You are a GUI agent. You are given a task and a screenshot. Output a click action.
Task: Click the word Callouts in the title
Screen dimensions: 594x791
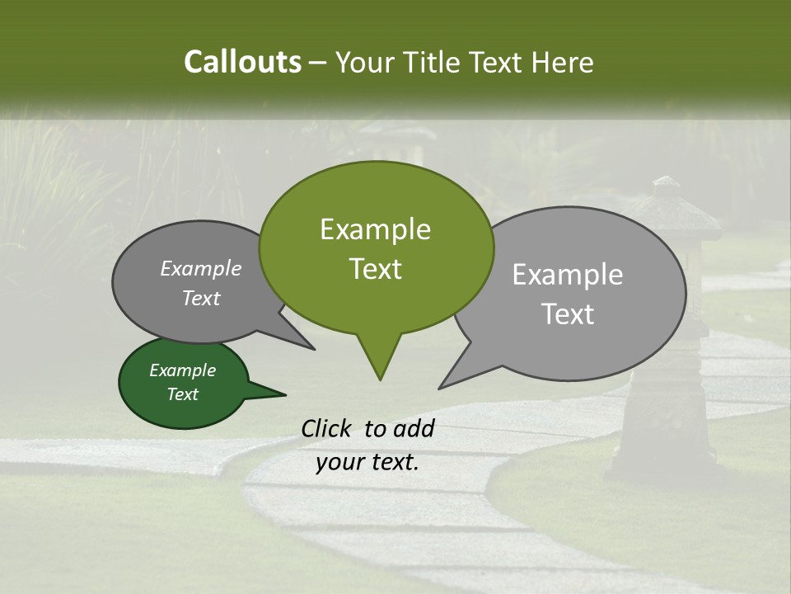pyautogui.click(x=242, y=62)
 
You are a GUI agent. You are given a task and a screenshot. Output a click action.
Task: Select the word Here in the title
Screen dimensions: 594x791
pyautogui.click(x=563, y=63)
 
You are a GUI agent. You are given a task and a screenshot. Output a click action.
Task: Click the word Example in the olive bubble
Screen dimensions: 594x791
pyautogui.click(x=375, y=229)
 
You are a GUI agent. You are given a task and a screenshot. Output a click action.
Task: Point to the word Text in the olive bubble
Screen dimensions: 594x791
pyautogui.click(x=375, y=269)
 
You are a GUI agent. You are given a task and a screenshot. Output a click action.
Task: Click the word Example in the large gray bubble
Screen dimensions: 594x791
pyautogui.click(x=568, y=275)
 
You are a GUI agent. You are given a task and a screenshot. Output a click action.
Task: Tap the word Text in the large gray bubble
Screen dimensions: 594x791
pyautogui.click(x=568, y=314)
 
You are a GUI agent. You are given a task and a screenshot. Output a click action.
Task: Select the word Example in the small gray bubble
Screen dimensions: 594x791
pyautogui.click(x=201, y=268)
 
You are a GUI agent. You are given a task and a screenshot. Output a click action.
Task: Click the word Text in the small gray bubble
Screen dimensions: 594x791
pyautogui.click(x=201, y=298)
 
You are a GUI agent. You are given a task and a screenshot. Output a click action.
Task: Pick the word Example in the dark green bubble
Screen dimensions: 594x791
pyautogui.click(x=182, y=370)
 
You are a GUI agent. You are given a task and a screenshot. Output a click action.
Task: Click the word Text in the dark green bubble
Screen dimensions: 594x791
pyautogui.click(x=182, y=394)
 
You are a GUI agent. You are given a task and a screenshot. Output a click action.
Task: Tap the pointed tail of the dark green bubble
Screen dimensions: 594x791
pyautogui.click(x=276, y=393)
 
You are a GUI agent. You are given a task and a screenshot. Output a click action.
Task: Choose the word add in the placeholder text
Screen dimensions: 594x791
pyautogui.click(x=414, y=428)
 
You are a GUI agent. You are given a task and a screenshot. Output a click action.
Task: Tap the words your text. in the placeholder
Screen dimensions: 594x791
pyautogui.click(x=367, y=462)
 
